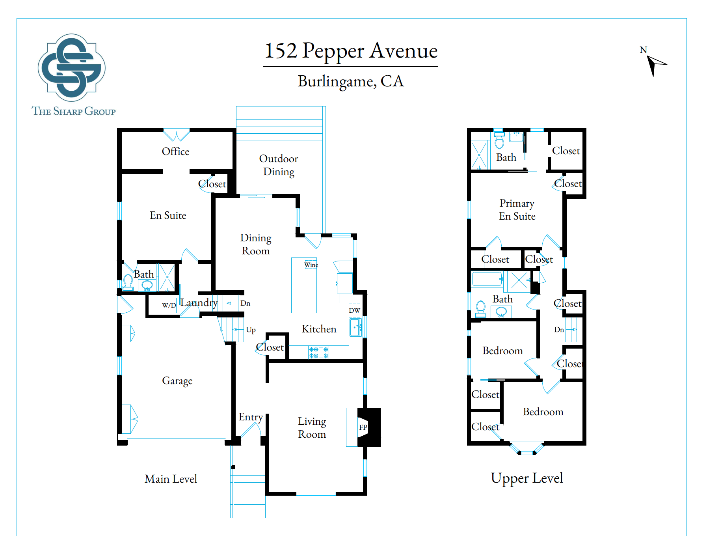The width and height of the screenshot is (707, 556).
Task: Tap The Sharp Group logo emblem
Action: click(x=71, y=67)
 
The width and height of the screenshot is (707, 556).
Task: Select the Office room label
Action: click(x=175, y=152)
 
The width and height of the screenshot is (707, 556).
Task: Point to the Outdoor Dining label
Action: click(x=279, y=165)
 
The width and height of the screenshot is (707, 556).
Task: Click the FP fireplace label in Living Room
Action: click(x=363, y=427)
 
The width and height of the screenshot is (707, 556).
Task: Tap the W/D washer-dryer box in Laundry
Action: click(x=169, y=305)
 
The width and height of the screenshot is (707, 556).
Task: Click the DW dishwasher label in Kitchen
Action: click(x=354, y=310)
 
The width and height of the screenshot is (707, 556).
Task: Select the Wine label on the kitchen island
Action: click(x=311, y=265)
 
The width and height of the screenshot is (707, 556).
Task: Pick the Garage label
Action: click(x=177, y=381)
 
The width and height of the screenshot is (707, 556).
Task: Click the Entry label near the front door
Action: click(x=251, y=417)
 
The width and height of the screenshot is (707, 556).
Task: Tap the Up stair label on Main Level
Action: click(x=251, y=330)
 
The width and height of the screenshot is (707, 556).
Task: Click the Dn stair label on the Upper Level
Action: click(x=559, y=330)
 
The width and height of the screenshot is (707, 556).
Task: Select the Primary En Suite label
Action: click(x=517, y=209)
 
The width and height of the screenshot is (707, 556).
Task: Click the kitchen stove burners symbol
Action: click(x=318, y=352)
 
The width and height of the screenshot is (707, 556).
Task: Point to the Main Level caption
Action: click(x=171, y=479)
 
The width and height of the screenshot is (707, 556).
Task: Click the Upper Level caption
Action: click(x=527, y=478)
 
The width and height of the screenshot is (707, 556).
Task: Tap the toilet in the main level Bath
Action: click(x=128, y=282)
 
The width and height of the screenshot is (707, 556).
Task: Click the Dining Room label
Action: click(x=256, y=244)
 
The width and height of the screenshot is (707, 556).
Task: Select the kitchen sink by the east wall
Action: click(x=355, y=327)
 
